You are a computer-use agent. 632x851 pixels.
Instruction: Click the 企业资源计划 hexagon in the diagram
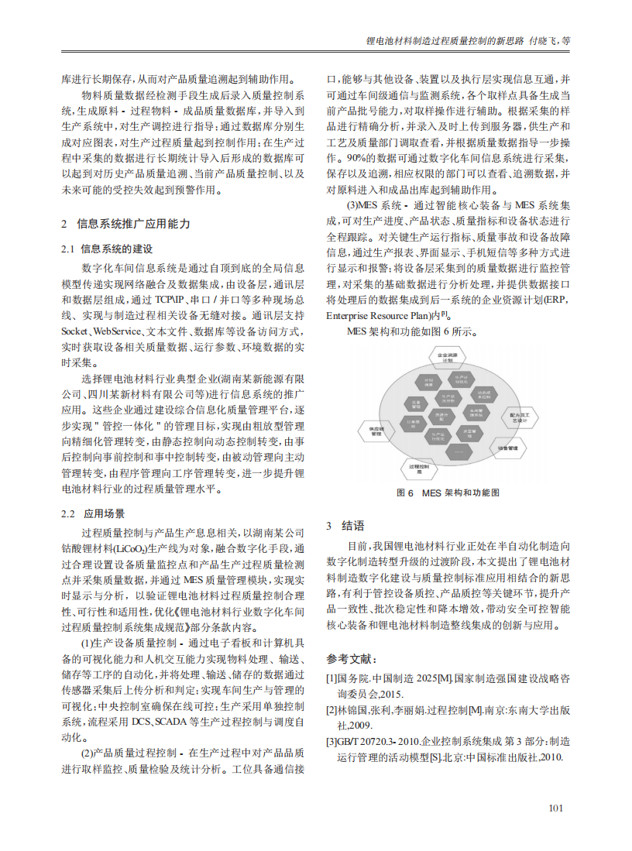pos(448,357)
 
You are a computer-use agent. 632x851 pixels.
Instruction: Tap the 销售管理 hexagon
pos(508,448)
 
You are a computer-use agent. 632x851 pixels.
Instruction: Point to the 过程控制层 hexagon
pos(419,469)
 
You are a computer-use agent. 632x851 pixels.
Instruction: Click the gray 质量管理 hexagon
pos(471,434)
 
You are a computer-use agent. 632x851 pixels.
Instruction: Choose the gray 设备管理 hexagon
pos(416,404)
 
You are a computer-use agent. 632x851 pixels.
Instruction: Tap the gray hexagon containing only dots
pos(459,451)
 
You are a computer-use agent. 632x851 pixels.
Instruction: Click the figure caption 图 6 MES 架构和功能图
pos(448,492)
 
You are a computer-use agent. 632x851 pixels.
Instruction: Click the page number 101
pos(555,808)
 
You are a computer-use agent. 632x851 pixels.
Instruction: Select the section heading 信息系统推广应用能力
pos(132,224)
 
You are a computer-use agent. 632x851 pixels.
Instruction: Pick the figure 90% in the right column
pos(335,157)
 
